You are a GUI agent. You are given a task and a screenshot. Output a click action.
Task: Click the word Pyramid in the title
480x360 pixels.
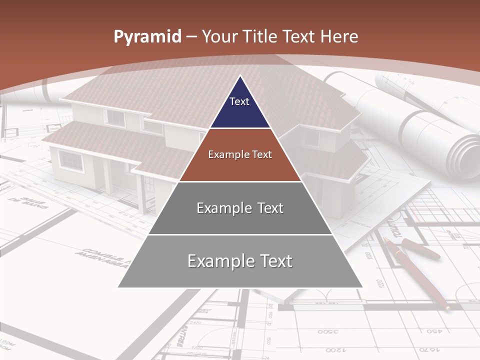pyautogui.click(x=147, y=37)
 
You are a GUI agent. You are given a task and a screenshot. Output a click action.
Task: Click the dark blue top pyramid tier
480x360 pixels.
pyautogui.click(x=240, y=110)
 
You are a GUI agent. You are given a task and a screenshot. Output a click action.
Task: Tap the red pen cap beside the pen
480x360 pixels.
pyautogui.click(x=420, y=248)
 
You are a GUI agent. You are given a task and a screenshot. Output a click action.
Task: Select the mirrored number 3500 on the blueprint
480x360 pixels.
pyautogui.click(x=329, y=331)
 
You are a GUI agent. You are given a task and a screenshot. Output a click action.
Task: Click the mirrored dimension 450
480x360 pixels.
pyautogui.click(x=434, y=331)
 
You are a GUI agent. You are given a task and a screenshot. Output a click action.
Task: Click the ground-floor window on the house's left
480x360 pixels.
pyautogui.click(x=70, y=160)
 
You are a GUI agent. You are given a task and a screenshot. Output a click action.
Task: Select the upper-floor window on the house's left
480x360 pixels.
pyautogui.click(x=115, y=118)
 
